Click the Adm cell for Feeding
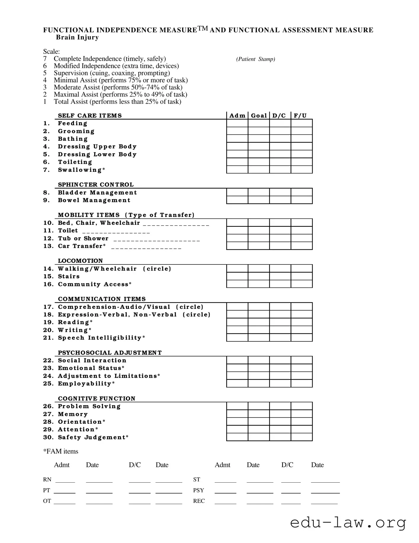tap(237, 123)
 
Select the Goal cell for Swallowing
tap(259, 170)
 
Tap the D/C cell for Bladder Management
tap(280, 192)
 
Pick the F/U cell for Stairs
tap(302, 276)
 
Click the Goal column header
tap(259, 115)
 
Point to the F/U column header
tap(300, 115)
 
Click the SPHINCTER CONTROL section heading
tap(96, 185)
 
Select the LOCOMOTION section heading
tap(80, 261)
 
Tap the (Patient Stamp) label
tap(256, 59)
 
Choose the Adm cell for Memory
tap(237, 414)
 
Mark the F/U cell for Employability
tap(302, 383)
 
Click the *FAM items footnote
tap(61, 451)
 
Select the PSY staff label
tap(198, 490)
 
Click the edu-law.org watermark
tap(348, 523)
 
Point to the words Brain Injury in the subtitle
tap(77, 37)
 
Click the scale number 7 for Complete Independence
tap(45, 59)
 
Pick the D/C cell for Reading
tap(280, 322)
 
